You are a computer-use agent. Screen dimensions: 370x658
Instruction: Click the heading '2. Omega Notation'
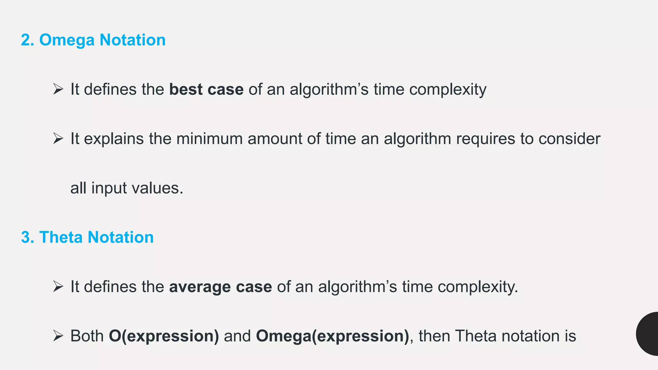93,40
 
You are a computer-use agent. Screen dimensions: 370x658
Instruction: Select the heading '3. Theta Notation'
87,237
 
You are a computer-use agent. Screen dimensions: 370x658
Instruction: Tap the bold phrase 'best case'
206,89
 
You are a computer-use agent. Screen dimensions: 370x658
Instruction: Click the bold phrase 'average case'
220,287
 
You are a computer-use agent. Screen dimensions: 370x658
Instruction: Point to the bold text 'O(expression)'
164,336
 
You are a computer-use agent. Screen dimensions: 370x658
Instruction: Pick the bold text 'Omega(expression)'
333,336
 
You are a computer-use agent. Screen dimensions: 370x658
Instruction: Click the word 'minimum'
209,139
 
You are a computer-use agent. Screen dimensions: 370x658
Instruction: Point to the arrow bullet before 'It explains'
58,139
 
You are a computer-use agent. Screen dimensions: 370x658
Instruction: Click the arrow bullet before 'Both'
58,336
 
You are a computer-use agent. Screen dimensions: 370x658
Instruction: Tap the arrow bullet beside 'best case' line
58,89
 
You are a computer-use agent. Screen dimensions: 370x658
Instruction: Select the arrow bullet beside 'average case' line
58,286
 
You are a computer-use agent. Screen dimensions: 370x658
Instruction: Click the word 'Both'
87,336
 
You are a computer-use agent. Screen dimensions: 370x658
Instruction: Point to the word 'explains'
114,139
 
